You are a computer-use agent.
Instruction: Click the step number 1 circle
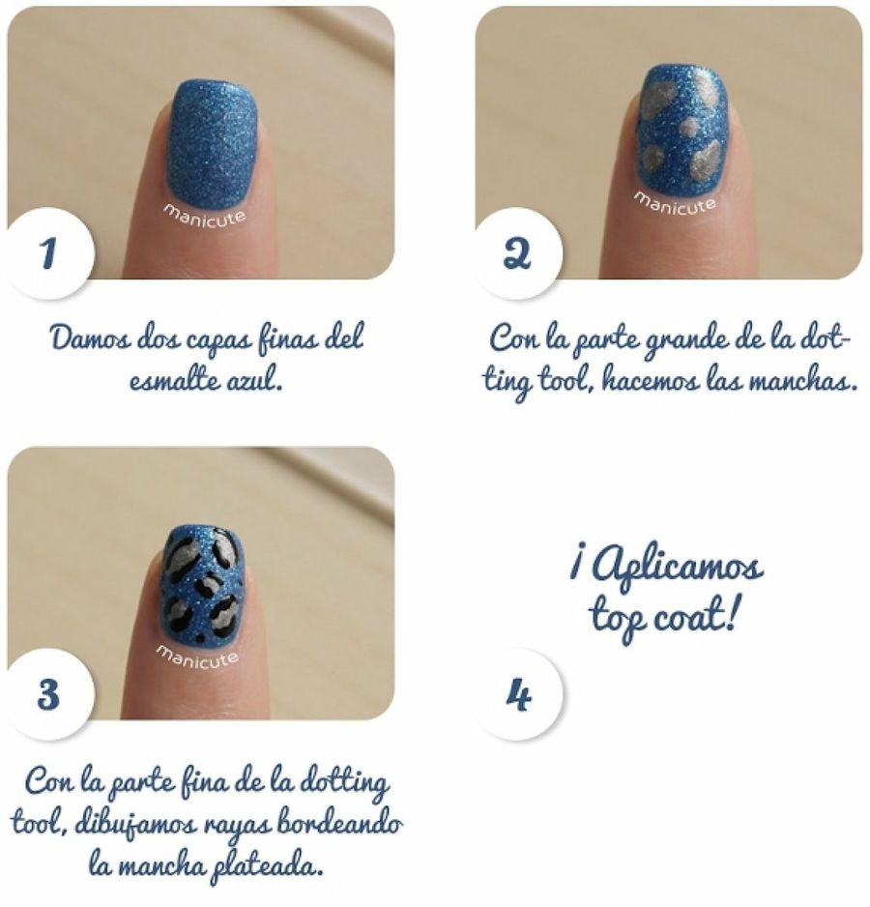49,253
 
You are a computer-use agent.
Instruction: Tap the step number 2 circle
517,253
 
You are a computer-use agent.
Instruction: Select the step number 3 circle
49,694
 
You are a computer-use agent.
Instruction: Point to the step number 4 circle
518,694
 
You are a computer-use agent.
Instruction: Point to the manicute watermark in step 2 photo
675,202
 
